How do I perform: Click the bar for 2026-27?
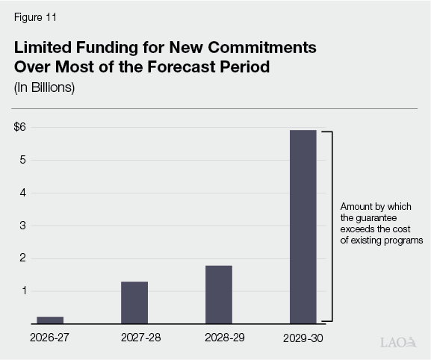pyautogui.click(x=50, y=320)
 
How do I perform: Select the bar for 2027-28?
pyautogui.click(x=134, y=302)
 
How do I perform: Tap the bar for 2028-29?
pyautogui.click(x=219, y=294)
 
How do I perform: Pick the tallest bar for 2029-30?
pyautogui.click(x=303, y=226)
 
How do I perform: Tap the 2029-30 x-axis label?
pyautogui.click(x=304, y=338)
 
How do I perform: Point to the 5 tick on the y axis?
pyautogui.click(x=23, y=160)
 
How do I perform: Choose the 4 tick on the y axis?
pyautogui.click(x=23, y=193)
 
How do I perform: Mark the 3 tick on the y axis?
pyautogui.click(x=23, y=226)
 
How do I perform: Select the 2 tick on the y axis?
pyautogui.click(x=23, y=258)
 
